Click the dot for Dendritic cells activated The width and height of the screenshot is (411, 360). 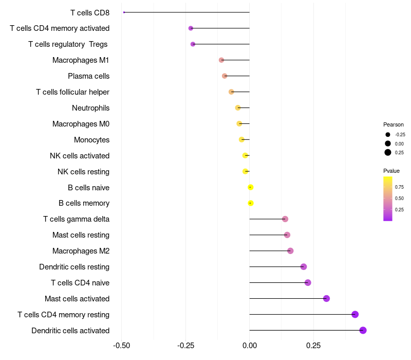(x=363, y=330)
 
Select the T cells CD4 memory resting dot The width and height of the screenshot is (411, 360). (x=355, y=314)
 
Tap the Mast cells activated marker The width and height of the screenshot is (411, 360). (x=326, y=298)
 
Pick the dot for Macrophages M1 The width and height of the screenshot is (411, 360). (x=221, y=60)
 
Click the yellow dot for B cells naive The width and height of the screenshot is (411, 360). (x=251, y=187)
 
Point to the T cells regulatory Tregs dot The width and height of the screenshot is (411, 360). (x=193, y=44)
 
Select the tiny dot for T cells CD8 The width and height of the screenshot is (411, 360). (x=124, y=12)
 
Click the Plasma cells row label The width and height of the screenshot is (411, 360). (x=88, y=76)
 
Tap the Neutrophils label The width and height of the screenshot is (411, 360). (x=90, y=108)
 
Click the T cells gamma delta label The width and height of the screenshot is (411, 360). (x=76, y=219)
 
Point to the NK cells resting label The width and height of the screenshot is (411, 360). (x=83, y=171)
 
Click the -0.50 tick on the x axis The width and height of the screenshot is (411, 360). (x=121, y=345)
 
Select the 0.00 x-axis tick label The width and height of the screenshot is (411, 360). (x=250, y=345)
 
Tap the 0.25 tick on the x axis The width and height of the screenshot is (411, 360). (x=313, y=345)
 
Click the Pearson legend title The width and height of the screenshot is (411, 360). (x=394, y=124)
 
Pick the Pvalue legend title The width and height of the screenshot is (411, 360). (x=391, y=171)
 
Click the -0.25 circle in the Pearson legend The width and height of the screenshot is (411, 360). (x=388, y=135)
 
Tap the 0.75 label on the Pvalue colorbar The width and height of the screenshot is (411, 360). (x=399, y=187)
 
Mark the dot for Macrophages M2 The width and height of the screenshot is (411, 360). (x=290, y=251)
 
